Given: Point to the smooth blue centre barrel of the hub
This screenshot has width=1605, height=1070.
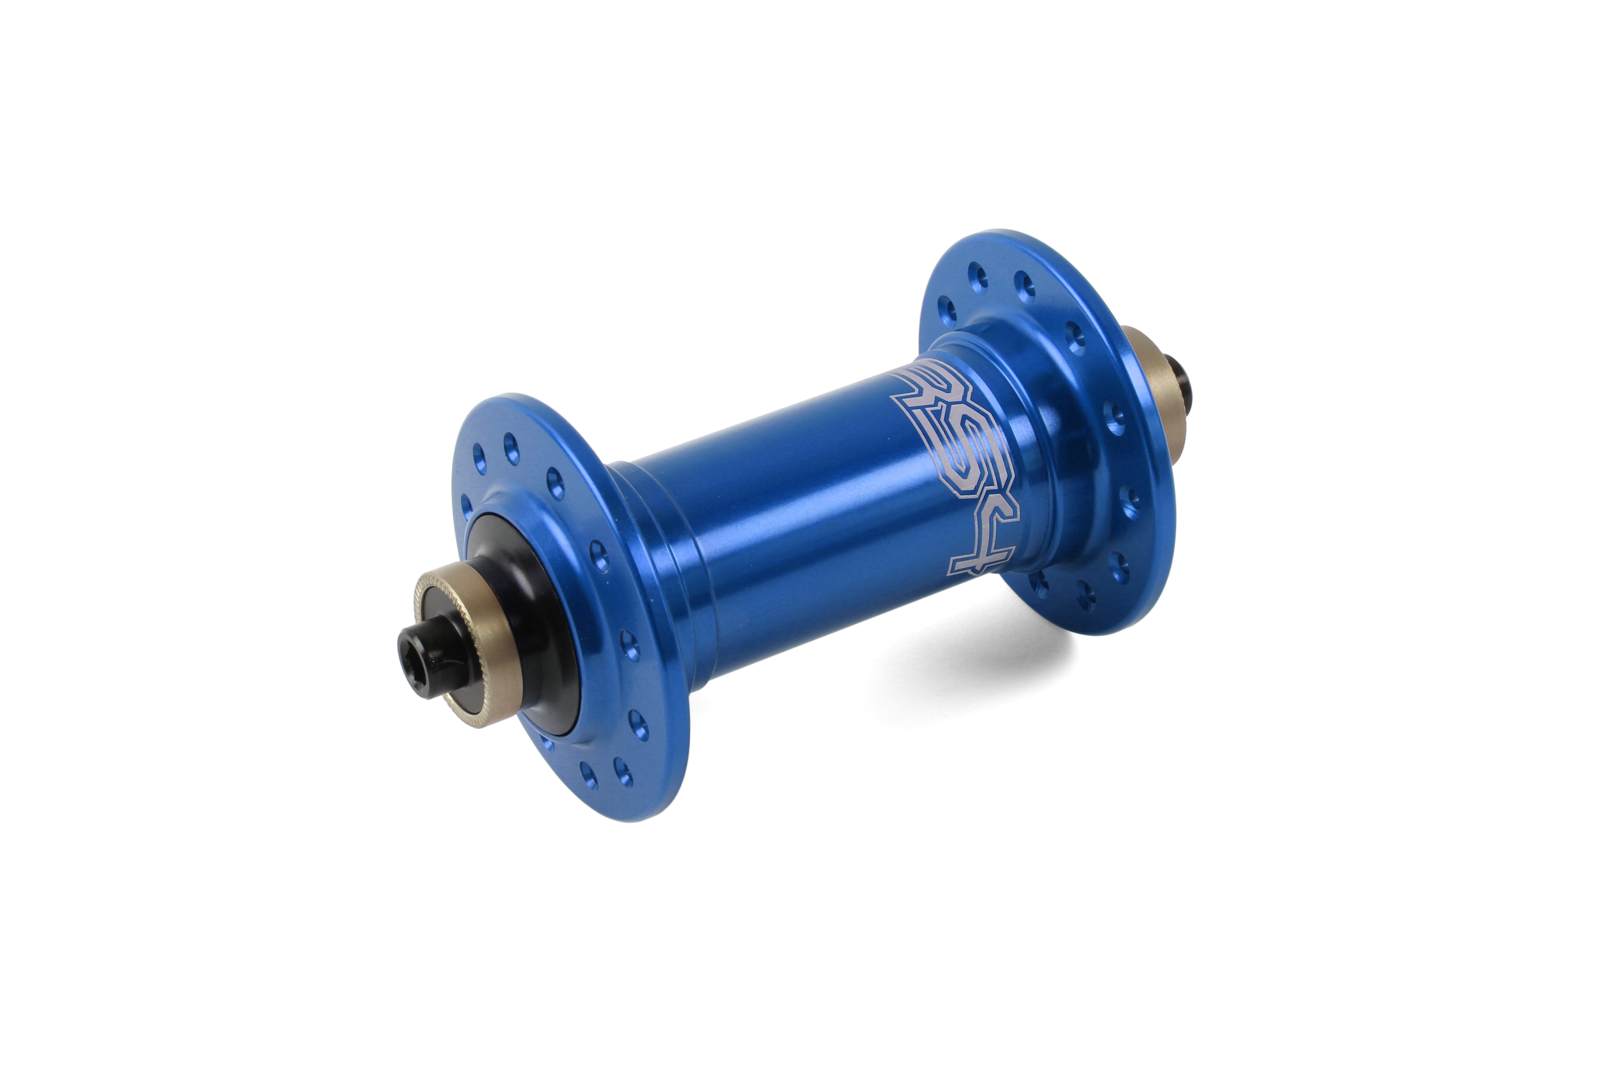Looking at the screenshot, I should tap(785, 532).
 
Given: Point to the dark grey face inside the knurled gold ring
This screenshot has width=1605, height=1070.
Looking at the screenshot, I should tap(444, 655).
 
